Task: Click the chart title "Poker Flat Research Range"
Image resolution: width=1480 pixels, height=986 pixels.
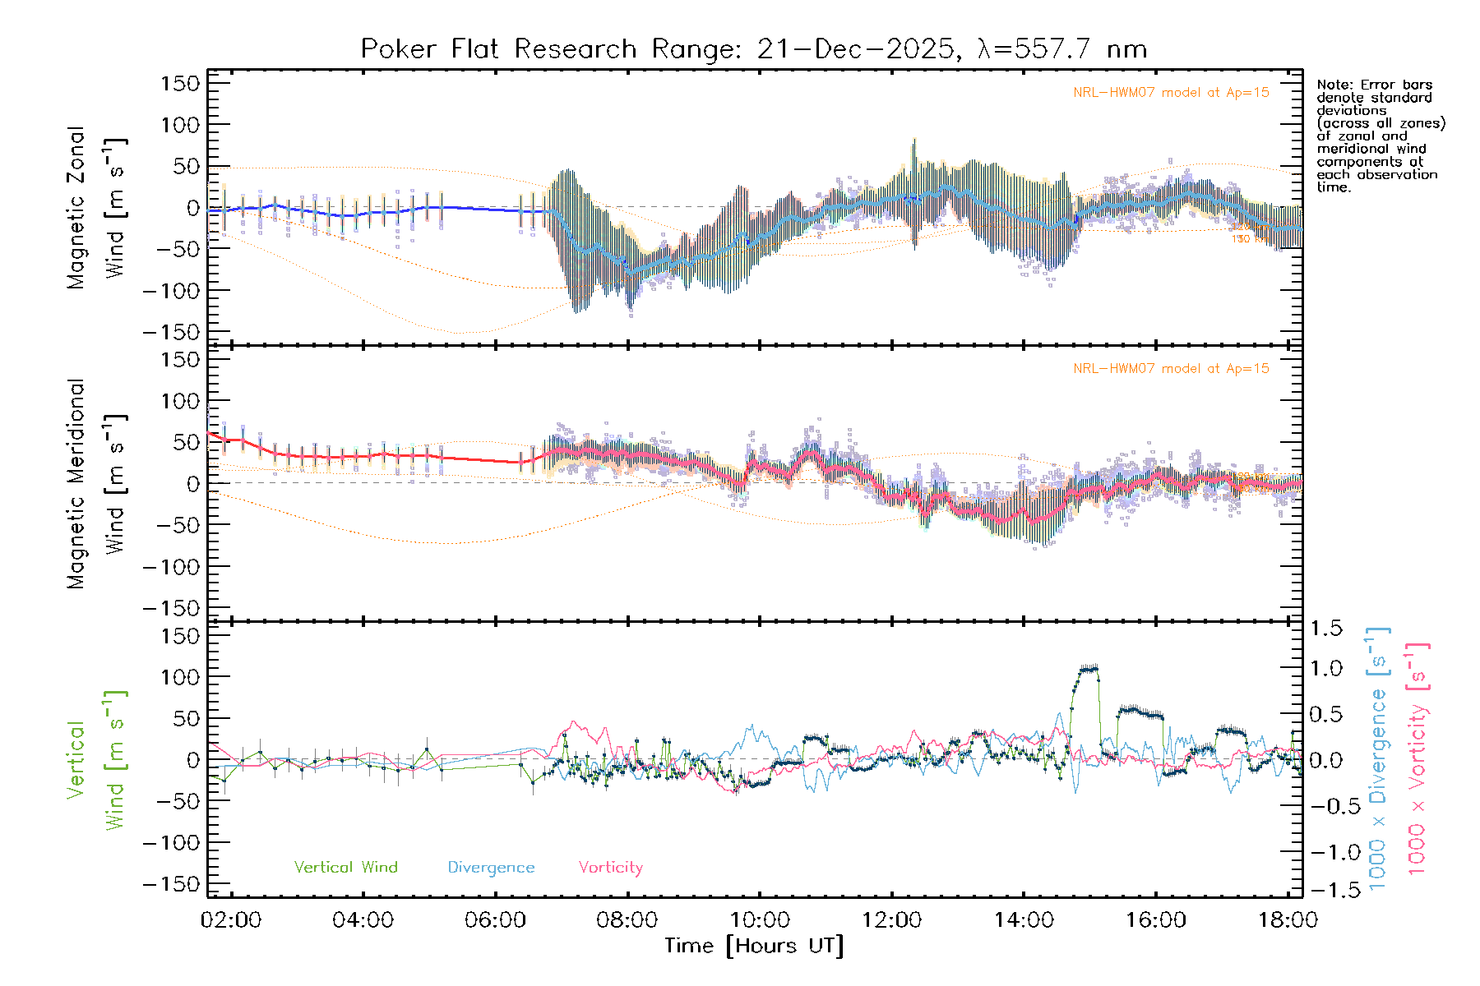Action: pos(498,49)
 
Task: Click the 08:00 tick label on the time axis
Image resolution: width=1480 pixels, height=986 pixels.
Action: pos(627,920)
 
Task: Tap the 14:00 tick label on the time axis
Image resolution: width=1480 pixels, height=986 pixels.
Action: pos(1024,920)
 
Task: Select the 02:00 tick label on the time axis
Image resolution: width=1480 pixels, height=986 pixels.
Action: pos(231,920)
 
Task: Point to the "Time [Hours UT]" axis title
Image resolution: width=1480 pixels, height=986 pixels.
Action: pos(754,947)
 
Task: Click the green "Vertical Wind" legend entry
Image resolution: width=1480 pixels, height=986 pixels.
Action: pos(345,868)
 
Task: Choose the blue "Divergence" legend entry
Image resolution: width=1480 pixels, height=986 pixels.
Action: pos(491,868)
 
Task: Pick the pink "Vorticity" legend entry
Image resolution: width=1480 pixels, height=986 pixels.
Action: pos(610,868)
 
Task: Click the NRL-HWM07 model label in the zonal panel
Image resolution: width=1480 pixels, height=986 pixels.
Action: pos(1171,93)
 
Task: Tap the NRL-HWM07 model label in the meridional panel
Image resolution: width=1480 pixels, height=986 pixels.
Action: pos(1171,369)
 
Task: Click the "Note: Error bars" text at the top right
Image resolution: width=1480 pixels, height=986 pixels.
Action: pos(1374,85)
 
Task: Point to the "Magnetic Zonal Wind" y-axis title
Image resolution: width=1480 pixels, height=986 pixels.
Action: pos(97,207)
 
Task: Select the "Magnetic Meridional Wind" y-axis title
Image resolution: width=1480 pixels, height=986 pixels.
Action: pos(97,483)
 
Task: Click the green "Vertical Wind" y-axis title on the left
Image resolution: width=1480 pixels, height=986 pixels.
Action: pos(97,760)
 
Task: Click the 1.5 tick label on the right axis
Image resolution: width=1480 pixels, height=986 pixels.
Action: pos(1325,629)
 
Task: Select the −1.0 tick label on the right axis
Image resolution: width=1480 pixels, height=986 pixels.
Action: pos(1325,852)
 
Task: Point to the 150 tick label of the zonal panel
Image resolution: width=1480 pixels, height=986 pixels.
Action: pos(181,84)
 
